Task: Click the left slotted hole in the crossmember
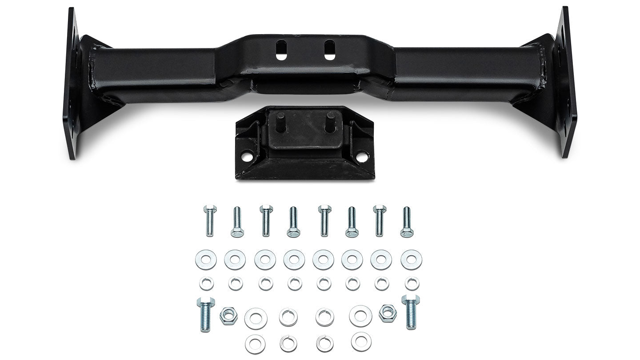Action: [x=281, y=50]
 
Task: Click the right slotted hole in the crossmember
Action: [x=330, y=50]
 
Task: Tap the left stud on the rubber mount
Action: [x=281, y=122]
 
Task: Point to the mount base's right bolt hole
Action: [x=362, y=156]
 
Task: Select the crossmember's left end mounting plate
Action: [x=71, y=84]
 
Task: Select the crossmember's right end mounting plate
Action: [x=567, y=82]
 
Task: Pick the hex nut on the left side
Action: [x=228, y=316]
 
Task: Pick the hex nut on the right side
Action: [x=388, y=313]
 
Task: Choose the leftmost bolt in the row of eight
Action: [x=210, y=220]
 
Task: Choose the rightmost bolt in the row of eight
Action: [x=406, y=221]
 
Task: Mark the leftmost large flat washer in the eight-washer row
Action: [x=206, y=260]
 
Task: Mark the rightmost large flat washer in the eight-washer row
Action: [x=411, y=260]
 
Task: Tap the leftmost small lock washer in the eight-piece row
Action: [x=206, y=283]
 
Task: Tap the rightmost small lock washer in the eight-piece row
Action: [x=412, y=283]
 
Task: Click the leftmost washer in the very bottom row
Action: [x=255, y=344]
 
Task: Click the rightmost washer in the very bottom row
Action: [x=361, y=341]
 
